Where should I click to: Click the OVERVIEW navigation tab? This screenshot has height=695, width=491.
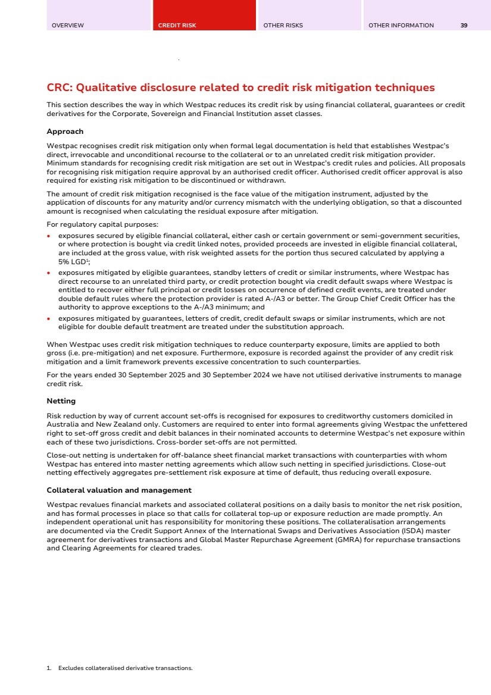tap(68, 26)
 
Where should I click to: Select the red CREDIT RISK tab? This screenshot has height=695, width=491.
tap(177, 26)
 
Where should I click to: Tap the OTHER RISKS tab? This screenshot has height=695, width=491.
tap(283, 26)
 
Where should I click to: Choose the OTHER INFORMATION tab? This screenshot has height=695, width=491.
tap(401, 26)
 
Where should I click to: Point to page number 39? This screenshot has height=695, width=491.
tap(464, 26)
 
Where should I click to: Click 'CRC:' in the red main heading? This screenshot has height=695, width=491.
tap(60, 88)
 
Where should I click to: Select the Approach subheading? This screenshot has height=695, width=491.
tap(65, 132)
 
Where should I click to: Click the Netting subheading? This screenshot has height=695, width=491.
tap(61, 401)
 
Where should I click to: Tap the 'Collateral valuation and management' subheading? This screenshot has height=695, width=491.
tap(119, 490)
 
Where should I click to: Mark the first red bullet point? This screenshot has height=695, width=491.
tap(49, 236)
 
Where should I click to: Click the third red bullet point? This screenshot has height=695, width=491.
tap(49, 319)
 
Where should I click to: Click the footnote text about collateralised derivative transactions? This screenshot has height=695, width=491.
tap(125, 668)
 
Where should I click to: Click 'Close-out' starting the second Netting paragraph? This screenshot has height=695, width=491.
tap(61, 454)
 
